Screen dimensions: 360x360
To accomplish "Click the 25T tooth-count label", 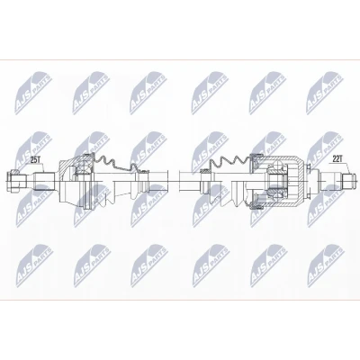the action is [x=36, y=160].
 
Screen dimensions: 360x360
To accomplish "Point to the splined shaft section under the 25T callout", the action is [x=44, y=181].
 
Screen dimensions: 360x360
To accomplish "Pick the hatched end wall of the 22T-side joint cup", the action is [x=301, y=181].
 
